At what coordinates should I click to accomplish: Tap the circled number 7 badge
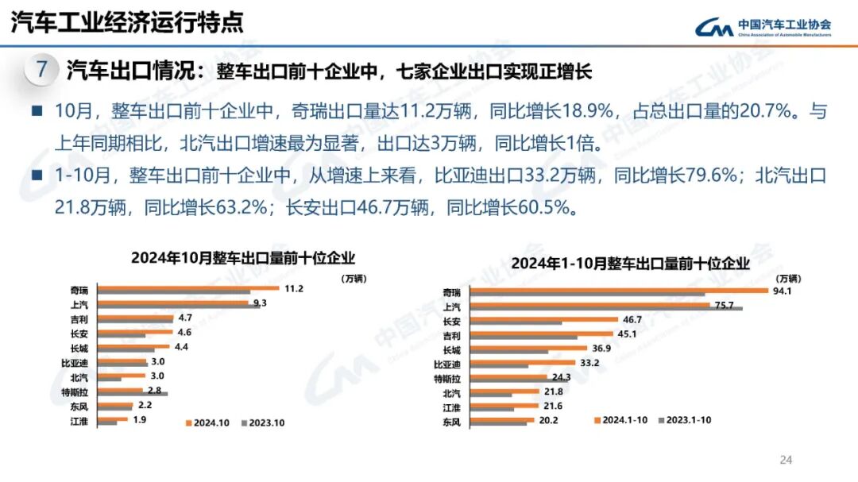click(41, 70)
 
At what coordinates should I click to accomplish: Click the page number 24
click(786, 460)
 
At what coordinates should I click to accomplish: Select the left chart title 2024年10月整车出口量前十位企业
click(242, 258)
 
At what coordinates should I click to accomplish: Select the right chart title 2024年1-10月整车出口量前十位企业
click(630, 263)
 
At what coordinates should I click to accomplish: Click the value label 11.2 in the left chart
click(294, 288)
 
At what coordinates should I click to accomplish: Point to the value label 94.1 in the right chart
click(788, 291)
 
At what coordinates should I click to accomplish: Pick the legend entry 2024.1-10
click(625, 418)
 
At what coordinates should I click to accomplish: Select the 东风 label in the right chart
click(451, 421)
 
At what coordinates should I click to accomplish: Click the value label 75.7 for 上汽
click(723, 304)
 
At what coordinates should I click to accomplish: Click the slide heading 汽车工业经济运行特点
click(127, 23)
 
